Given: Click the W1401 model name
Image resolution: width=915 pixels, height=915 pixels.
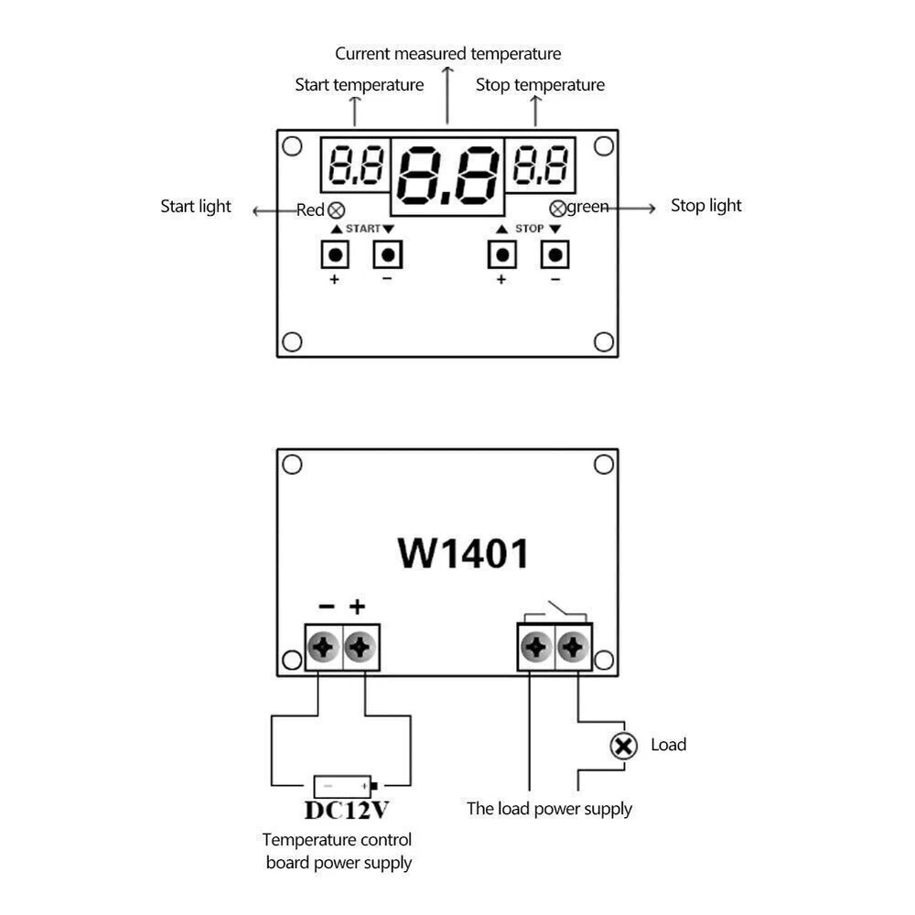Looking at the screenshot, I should coord(462,553).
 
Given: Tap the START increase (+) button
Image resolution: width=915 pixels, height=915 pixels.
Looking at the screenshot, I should coord(335,253).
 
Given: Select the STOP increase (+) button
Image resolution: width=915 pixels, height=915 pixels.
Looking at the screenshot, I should coord(501,253).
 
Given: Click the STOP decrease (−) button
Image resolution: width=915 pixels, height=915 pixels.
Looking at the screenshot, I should coord(554,253).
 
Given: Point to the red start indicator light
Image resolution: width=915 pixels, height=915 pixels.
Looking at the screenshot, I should coord(336,210).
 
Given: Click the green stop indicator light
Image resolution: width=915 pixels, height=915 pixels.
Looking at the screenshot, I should coord(557,208).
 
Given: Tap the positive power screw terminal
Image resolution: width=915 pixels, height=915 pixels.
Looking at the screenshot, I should coord(361,648).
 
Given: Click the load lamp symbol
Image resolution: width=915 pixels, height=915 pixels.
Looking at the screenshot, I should coord(623,746).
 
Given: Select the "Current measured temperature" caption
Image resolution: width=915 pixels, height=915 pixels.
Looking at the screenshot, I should coord(447,54).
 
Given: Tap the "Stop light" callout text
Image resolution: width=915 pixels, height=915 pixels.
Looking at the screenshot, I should coord(705,205).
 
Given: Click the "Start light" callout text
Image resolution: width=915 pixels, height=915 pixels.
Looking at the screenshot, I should coord(196,206).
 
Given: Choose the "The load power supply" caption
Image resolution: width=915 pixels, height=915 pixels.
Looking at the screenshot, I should coord(549,808).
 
